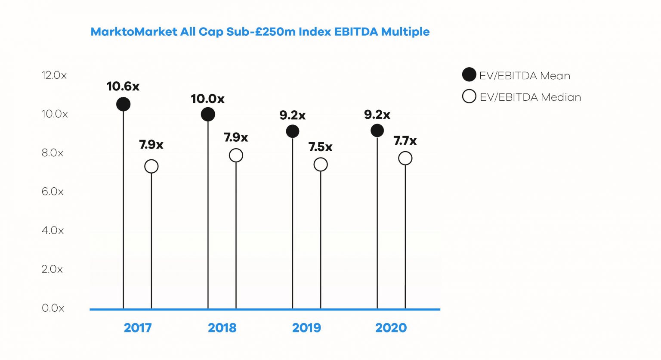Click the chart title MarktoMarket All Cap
click(x=260, y=32)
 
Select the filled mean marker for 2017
click(x=124, y=104)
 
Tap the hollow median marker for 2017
click(x=151, y=166)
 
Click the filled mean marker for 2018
click(x=208, y=115)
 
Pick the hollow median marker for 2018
click(x=236, y=155)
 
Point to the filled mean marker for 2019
click(x=293, y=131)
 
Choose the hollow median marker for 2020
click(x=405, y=158)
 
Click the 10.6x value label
click(x=123, y=87)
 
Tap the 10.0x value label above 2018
click(x=207, y=99)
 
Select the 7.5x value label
click(x=320, y=147)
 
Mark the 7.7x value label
click(x=405, y=141)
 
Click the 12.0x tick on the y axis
click(x=54, y=75)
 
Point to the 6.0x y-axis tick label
click(x=53, y=192)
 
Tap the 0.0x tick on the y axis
click(x=53, y=308)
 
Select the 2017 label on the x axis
click(x=138, y=328)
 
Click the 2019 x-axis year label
click(x=306, y=328)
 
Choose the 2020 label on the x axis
click(x=391, y=328)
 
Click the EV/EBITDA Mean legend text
click(x=525, y=76)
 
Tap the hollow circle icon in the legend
click(x=469, y=96)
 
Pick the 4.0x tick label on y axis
click(x=53, y=230)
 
